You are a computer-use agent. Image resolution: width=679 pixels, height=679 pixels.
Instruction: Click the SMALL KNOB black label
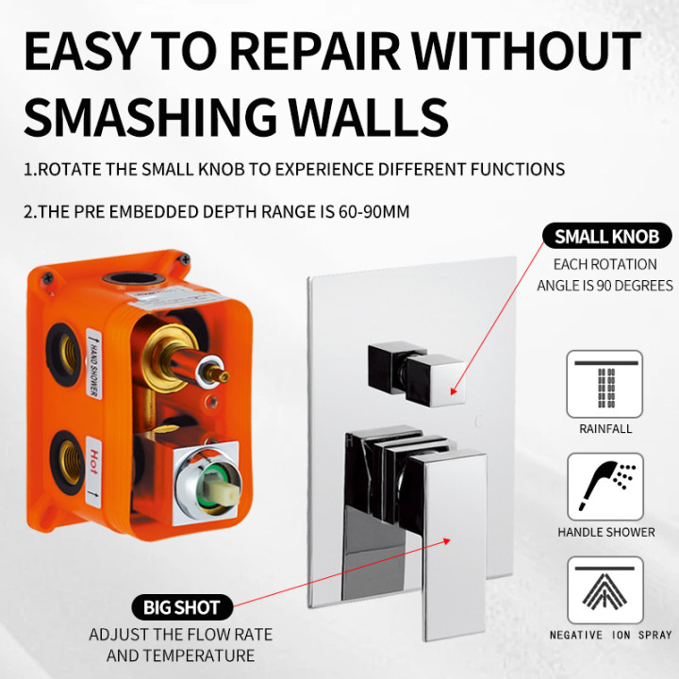click(606, 236)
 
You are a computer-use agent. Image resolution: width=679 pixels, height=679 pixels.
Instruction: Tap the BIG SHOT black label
click(182, 607)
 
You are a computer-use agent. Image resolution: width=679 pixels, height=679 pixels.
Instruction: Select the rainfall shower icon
click(604, 384)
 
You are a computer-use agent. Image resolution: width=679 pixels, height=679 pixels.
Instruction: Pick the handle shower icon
click(605, 487)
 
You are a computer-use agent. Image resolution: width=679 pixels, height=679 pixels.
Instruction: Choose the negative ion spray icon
click(604, 590)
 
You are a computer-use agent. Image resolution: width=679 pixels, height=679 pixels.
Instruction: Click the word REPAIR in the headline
click(314, 51)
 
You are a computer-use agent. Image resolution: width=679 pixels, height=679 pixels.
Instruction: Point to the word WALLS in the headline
click(368, 117)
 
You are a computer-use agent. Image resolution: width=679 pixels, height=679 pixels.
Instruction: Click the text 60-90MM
click(373, 212)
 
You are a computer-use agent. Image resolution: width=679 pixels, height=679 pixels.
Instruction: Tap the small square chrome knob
click(416, 374)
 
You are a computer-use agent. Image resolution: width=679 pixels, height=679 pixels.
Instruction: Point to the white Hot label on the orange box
click(93, 472)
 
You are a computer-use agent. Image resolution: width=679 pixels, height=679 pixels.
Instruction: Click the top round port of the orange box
click(134, 279)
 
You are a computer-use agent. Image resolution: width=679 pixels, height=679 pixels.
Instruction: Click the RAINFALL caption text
click(604, 429)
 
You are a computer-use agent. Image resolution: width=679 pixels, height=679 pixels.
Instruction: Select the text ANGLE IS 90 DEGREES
click(604, 286)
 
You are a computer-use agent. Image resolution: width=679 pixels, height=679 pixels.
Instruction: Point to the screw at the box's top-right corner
click(185, 259)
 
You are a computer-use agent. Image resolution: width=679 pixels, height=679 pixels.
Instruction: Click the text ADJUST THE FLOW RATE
click(180, 635)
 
